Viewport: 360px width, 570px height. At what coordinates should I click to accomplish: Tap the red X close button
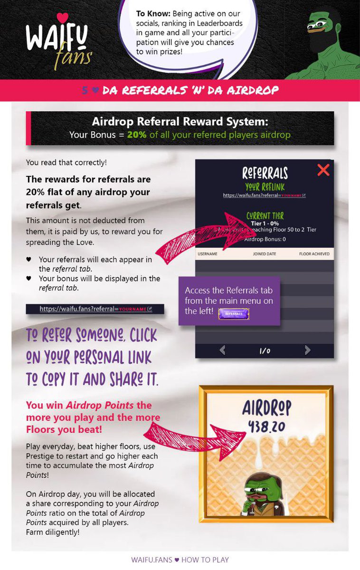[323, 170]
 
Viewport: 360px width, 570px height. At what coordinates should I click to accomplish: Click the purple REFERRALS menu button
[234, 313]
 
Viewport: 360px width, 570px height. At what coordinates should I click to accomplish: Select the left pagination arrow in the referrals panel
[222, 351]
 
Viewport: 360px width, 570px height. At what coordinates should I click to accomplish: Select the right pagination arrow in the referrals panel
[307, 351]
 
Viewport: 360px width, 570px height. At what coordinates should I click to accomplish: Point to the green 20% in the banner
[137, 134]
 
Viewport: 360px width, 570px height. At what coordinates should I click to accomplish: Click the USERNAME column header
[208, 254]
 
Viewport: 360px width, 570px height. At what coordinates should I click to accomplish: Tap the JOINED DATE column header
[265, 254]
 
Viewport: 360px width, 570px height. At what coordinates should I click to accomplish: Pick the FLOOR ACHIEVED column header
[314, 254]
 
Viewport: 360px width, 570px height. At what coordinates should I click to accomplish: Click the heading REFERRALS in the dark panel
[265, 172]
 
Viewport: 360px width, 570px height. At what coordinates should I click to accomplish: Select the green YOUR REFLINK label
[265, 187]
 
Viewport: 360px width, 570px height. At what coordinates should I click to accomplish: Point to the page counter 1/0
[265, 351]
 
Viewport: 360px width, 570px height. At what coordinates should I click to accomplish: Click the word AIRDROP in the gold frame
[266, 408]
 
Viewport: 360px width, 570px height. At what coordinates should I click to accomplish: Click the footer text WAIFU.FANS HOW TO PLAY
[180, 560]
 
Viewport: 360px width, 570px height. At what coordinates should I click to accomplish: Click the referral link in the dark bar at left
[95, 309]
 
